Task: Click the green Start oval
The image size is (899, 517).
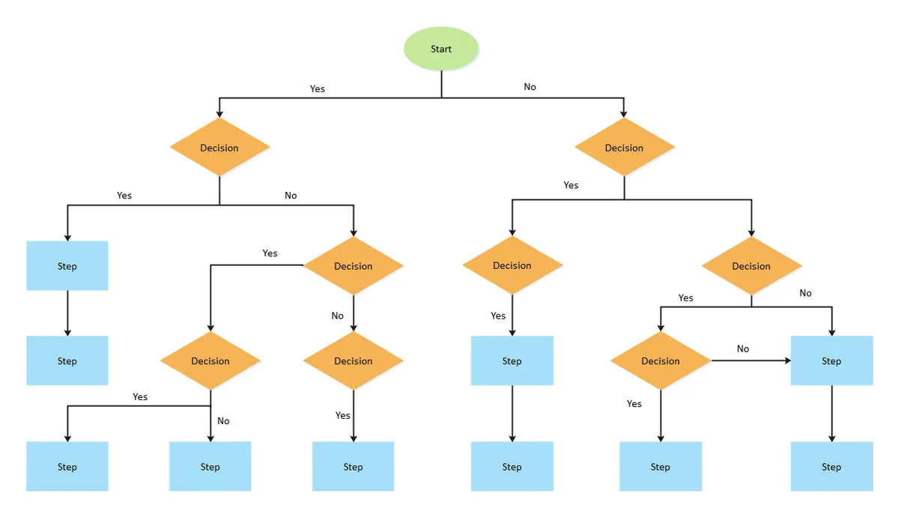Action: click(x=441, y=49)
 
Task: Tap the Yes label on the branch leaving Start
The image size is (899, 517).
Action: click(x=317, y=88)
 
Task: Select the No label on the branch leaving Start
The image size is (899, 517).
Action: click(x=530, y=87)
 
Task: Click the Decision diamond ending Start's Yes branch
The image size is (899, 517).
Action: click(x=220, y=147)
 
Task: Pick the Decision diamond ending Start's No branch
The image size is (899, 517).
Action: click(x=624, y=147)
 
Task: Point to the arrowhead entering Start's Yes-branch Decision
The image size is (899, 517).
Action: click(x=220, y=114)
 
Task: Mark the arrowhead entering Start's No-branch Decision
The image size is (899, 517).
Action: click(x=623, y=114)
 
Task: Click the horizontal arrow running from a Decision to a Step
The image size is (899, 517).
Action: click(x=751, y=360)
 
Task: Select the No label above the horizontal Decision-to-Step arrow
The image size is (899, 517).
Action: click(x=743, y=348)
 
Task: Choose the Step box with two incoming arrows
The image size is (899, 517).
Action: click(x=832, y=360)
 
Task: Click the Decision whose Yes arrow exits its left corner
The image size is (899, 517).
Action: click(x=353, y=266)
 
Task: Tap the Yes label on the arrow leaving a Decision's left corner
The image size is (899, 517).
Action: click(x=270, y=253)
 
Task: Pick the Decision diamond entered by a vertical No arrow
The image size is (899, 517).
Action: click(x=353, y=360)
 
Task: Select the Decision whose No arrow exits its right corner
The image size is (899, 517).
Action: click(x=661, y=360)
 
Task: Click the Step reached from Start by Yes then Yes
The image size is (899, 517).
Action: click(x=67, y=266)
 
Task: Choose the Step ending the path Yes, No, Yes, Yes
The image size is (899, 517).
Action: click(x=67, y=466)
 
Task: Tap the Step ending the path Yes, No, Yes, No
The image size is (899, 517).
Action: click(x=210, y=466)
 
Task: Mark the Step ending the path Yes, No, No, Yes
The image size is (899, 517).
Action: click(x=353, y=466)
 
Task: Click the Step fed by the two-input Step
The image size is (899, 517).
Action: click(x=832, y=466)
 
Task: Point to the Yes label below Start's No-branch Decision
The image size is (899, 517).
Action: click(x=571, y=185)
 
